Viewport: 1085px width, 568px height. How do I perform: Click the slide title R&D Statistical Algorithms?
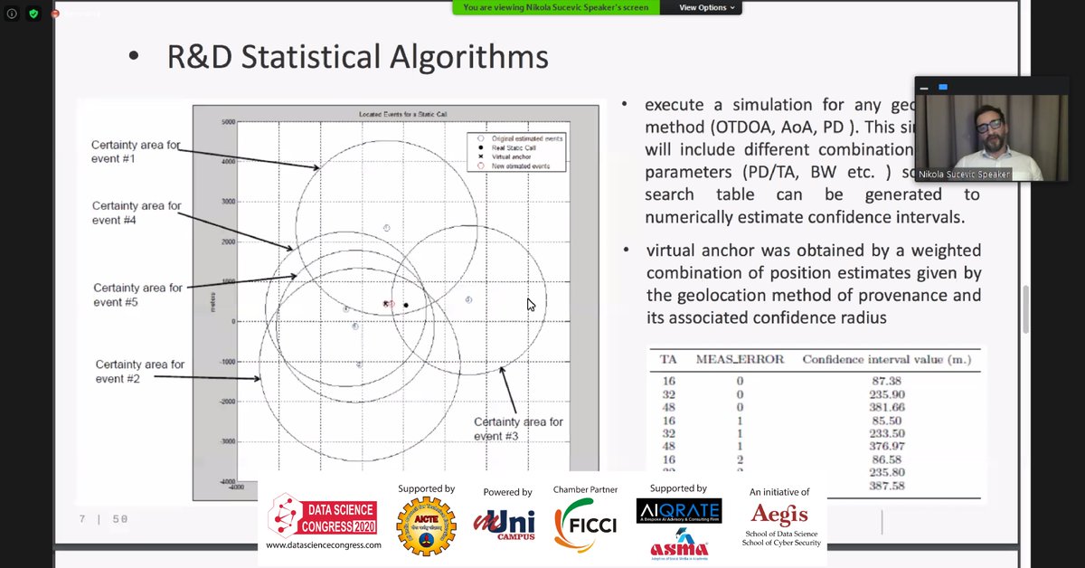tap(357, 57)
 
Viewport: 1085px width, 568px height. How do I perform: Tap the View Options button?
tap(706, 7)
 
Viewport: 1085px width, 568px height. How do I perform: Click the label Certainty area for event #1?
tap(136, 151)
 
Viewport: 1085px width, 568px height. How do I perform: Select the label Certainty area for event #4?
tap(137, 213)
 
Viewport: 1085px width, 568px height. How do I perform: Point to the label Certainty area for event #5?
tap(137, 294)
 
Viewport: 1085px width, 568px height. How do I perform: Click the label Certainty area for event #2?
tap(139, 371)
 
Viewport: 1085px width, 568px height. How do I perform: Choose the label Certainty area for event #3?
tap(518, 429)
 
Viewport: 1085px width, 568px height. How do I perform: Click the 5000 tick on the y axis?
tap(227, 121)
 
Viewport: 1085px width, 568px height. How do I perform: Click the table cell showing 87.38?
tap(886, 382)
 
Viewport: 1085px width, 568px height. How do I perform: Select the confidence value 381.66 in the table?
tap(886, 408)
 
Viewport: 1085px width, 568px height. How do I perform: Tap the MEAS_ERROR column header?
tap(740, 359)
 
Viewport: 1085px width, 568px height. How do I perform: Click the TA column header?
tap(668, 359)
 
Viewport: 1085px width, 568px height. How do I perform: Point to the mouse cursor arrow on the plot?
tap(531, 305)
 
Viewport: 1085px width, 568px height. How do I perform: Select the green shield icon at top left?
tap(33, 14)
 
